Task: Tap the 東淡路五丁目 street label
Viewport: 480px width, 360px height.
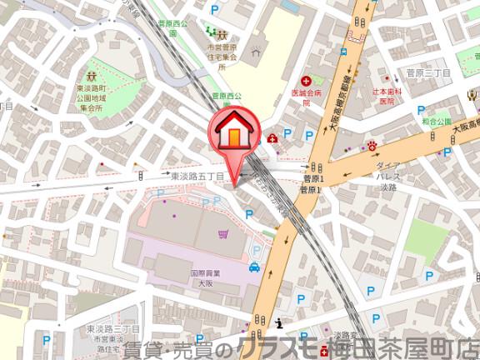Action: tap(197, 177)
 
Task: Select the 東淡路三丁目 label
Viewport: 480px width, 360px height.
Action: tap(106, 332)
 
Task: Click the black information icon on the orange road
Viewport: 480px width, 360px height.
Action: tap(279, 323)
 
